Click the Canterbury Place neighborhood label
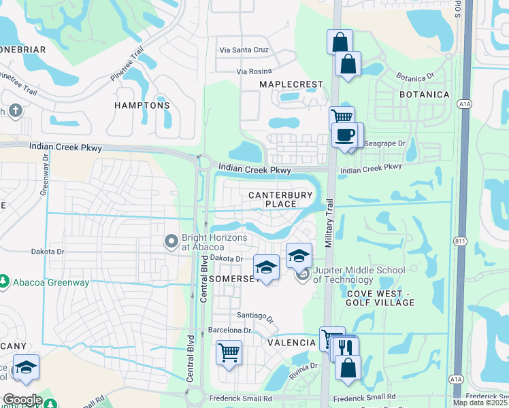(281, 199)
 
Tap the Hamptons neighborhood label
(142, 105)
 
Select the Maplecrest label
(291, 84)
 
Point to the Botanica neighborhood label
(424, 94)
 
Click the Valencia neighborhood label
(291, 343)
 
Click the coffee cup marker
(346, 135)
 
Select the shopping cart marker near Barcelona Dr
(229, 353)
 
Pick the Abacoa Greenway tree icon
(4, 281)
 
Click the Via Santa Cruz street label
(244, 50)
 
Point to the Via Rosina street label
(254, 71)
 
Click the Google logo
(22, 400)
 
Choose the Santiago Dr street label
(255, 316)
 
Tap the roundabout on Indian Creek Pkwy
(203, 162)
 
